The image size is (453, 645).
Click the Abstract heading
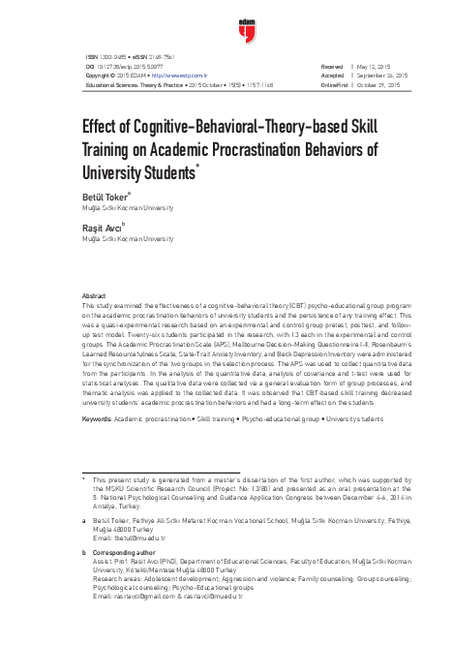pos(94,295)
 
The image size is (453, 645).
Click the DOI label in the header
pos(90,66)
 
